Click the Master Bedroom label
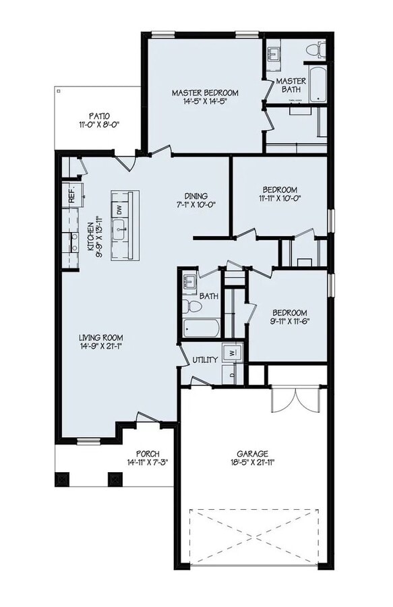pyautogui.click(x=205, y=92)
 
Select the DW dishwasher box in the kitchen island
pyautogui.click(x=119, y=210)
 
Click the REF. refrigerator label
pyautogui.click(x=71, y=196)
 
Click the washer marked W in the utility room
pyautogui.click(x=231, y=352)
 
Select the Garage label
pyautogui.click(x=252, y=454)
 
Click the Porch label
pyautogui.click(x=147, y=453)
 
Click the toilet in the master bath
pyautogui.click(x=313, y=50)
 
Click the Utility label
pyautogui.click(x=205, y=359)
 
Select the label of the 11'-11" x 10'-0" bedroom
pyautogui.click(x=279, y=190)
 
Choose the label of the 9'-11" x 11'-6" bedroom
pyautogui.click(x=289, y=313)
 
